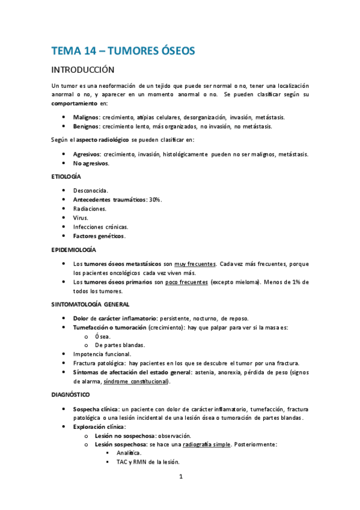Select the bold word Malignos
click(x=86, y=117)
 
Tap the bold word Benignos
click(x=87, y=126)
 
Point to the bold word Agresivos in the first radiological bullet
click(x=87, y=154)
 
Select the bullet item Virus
click(x=80, y=218)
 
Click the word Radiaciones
click(x=90, y=209)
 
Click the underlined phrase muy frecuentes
click(x=195, y=263)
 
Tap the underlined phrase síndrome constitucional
click(x=136, y=381)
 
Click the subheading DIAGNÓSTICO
click(x=71, y=395)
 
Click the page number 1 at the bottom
click(x=181, y=477)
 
